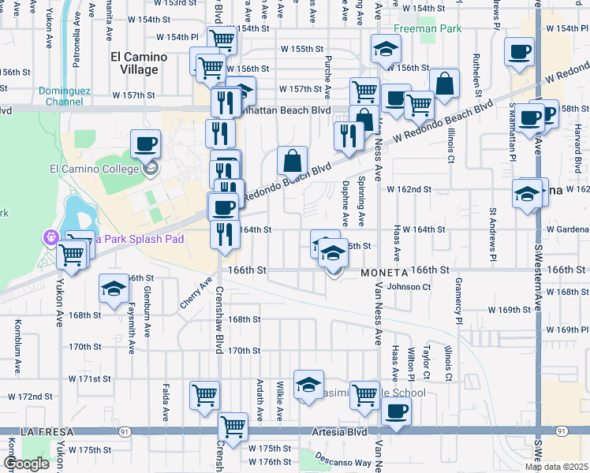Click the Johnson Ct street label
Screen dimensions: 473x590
409,287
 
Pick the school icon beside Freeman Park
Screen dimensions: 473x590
386,50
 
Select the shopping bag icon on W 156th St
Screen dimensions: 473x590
445,84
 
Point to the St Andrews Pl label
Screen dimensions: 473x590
493,234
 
